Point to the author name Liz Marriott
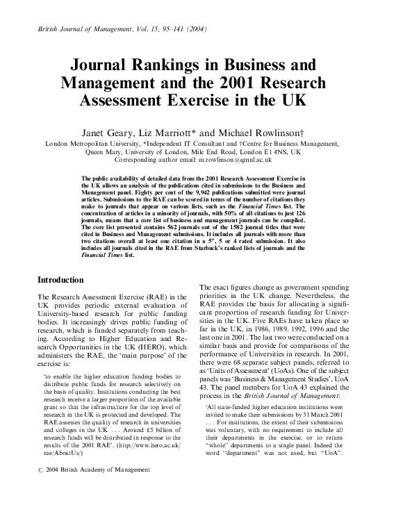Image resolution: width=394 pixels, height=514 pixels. click(183, 132)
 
